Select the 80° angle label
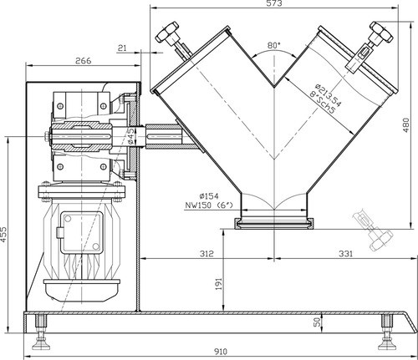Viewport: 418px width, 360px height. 273,44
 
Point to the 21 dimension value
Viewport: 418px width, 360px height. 122,48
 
